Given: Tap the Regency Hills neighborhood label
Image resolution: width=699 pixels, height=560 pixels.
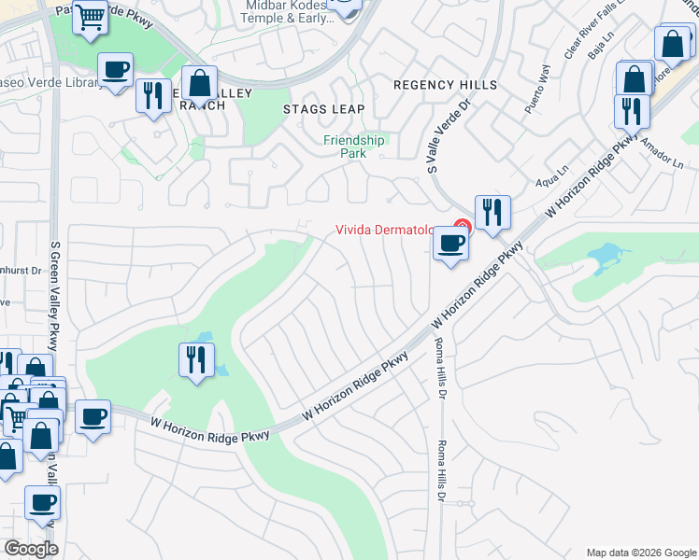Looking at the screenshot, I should click(445, 85).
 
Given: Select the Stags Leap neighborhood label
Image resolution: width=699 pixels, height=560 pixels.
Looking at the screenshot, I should click(323, 109).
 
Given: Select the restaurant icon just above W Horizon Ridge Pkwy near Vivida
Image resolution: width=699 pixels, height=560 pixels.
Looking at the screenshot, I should click(492, 212).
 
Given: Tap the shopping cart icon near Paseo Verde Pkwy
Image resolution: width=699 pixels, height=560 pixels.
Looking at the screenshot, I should click(91, 16).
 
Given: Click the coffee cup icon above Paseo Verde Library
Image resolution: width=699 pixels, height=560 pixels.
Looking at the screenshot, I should click(115, 70).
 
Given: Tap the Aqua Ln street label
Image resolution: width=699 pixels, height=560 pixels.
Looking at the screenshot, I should click(555, 171).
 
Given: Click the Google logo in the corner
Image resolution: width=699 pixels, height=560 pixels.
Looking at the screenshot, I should click(31, 549).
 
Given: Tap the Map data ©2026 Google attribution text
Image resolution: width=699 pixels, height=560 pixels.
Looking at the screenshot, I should click(640, 553).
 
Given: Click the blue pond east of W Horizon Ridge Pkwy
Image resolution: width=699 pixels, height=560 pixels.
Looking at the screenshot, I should click(606, 254).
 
